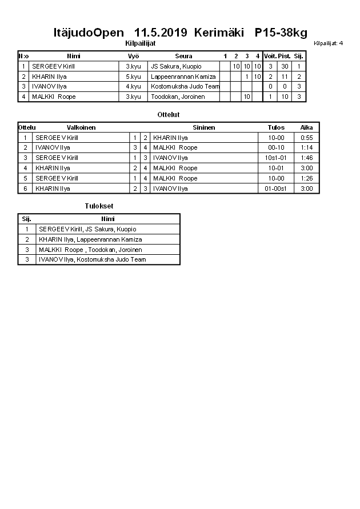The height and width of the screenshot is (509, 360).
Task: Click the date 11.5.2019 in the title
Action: tap(161, 33)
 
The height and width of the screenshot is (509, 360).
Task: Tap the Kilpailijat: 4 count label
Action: tap(328, 43)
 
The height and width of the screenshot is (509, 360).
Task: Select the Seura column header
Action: tap(183, 56)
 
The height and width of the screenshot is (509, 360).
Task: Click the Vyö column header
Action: tap(133, 56)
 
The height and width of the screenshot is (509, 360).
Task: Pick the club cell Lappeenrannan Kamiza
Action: tap(183, 77)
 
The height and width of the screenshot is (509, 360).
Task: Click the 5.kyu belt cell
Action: tap(133, 77)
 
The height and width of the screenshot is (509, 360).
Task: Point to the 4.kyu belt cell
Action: tap(133, 87)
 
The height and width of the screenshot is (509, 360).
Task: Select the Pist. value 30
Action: tap(285, 66)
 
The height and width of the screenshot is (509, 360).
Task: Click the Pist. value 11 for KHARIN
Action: tap(285, 77)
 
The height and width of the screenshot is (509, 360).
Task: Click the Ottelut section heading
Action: tap(168, 115)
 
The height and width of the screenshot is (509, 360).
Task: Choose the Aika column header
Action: tap(306, 127)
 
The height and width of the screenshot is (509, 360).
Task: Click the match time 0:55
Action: tap(306, 138)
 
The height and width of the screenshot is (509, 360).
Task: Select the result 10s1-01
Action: tap(276, 158)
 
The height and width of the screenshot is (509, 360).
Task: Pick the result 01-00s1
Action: tap(276, 189)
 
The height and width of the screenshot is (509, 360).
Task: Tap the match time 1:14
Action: tap(306, 147)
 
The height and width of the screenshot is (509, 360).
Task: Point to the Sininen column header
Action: tap(204, 127)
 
